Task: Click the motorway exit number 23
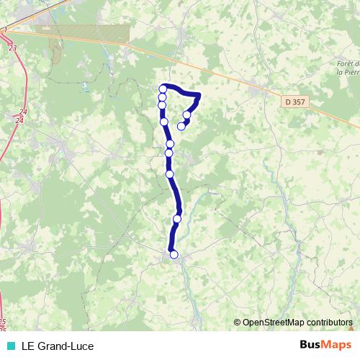tap(13, 48)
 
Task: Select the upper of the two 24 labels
tap(23, 112)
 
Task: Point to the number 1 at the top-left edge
tap(6, 28)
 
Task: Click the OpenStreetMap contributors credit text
tap(297, 322)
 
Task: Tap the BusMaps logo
tap(327, 346)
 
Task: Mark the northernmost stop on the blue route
tap(163, 89)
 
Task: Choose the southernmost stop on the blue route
tap(174, 254)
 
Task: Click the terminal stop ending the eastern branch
tap(181, 126)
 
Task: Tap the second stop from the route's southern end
tap(177, 219)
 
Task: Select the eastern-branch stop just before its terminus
tap(187, 114)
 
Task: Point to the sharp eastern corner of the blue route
tap(198, 95)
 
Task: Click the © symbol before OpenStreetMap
tap(238, 322)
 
